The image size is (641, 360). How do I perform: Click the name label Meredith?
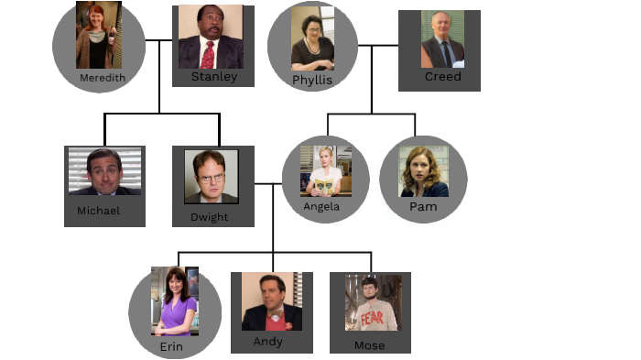tap(102, 78)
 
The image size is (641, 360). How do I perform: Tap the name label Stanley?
tap(213, 77)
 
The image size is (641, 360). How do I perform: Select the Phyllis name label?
tap(311, 81)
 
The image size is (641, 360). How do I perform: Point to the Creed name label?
tap(442, 77)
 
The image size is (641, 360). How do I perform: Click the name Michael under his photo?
tap(98, 211)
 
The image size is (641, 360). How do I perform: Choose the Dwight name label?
tap(209, 217)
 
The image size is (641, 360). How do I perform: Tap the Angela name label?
tap(321, 206)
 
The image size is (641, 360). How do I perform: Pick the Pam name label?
tap(423, 207)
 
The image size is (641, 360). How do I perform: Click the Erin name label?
tap(171, 346)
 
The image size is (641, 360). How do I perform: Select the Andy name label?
tap(268, 342)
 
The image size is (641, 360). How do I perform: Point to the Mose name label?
tap(369, 345)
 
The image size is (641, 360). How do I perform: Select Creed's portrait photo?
tap(443, 39)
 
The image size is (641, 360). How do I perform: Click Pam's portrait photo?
tap(423, 171)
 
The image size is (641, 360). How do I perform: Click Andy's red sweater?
tap(273, 322)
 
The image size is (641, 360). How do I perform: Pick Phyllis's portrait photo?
tap(312, 38)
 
